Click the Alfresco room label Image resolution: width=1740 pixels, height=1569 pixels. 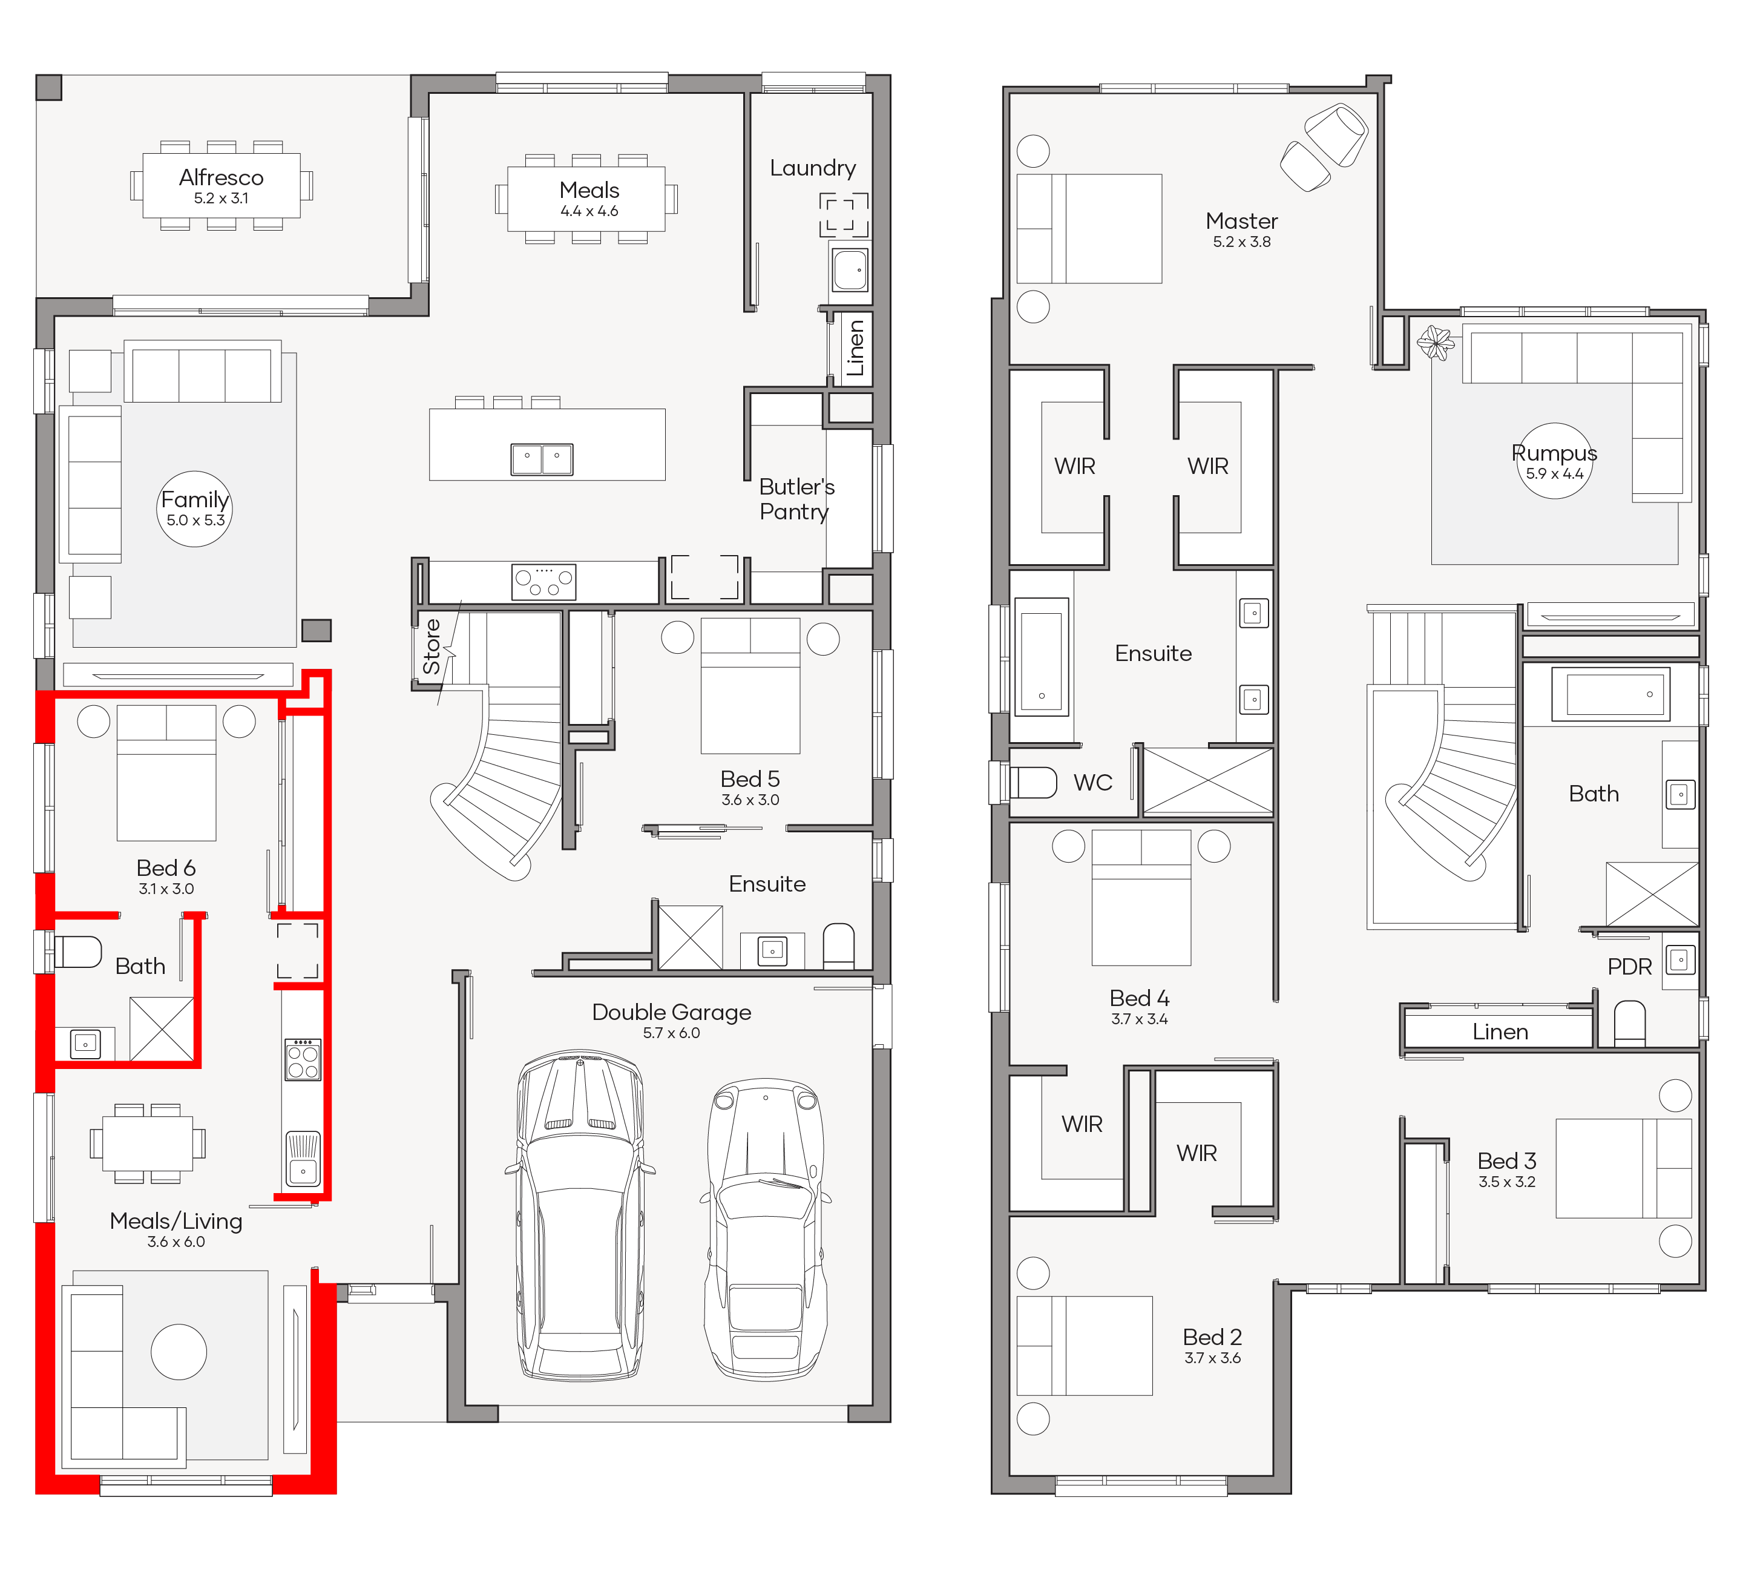coord(221,177)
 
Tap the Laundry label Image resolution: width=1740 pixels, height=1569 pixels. coord(813,168)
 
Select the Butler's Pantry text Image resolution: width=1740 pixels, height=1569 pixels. coord(796,499)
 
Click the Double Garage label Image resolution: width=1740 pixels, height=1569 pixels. coord(671,1012)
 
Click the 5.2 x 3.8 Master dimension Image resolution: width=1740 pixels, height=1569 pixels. coord(1242,242)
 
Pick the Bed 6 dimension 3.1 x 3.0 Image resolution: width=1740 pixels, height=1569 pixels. coord(166,889)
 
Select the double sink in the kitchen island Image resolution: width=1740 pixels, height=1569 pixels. coord(542,459)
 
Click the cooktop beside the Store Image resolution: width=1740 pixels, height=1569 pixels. coord(544,582)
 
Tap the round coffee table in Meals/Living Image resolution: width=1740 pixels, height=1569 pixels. coord(179,1352)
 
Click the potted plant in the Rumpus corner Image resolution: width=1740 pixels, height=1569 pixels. coord(1436,342)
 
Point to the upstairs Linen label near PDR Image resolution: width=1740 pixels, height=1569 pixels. coord(1500,1032)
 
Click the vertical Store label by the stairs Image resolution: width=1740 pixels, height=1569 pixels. coord(432,646)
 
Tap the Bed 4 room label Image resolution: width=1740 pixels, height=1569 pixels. coord(1139,998)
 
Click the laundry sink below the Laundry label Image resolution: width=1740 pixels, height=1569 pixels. coord(850,270)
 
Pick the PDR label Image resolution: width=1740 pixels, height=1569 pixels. coord(1630,967)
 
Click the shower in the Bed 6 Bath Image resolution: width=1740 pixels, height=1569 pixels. coord(161,1028)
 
